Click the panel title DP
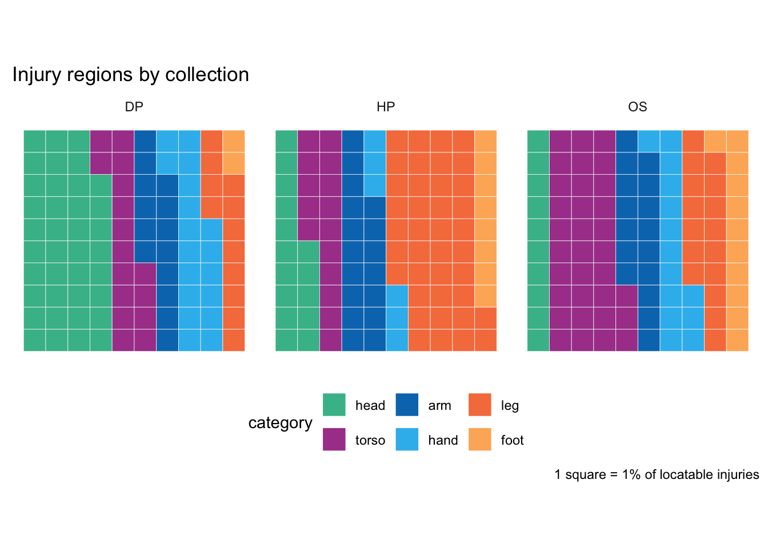[x=134, y=107]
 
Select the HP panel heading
[x=386, y=107]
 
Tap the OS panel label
[x=637, y=107]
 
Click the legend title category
[x=280, y=422]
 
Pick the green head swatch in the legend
[x=334, y=405]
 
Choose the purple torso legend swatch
[x=334, y=440]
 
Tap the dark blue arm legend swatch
[x=407, y=405]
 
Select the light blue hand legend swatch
[x=407, y=440]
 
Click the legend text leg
[x=510, y=405]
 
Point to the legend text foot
[x=512, y=440]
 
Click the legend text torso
[x=370, y=440]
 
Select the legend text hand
[x=443, y=440]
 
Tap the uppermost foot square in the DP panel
[x=234, y=141]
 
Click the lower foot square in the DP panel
[x=234, y=163]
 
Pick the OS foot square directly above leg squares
[x=715, y=141]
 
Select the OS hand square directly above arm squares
[x=649, y=141]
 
